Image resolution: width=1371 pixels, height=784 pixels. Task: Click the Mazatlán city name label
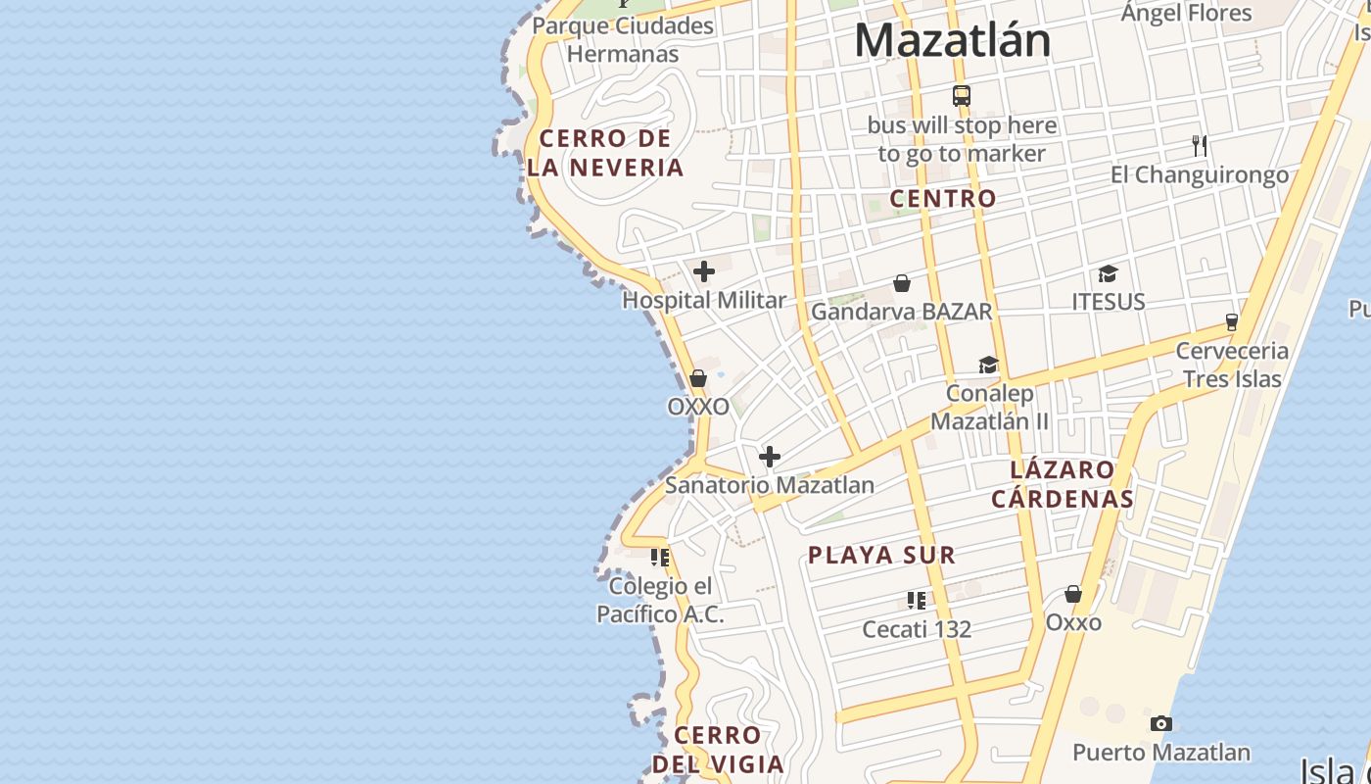953,41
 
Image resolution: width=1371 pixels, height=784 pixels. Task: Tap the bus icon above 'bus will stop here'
962,96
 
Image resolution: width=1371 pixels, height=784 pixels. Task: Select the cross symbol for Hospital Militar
704,271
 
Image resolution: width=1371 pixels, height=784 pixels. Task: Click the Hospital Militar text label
704,301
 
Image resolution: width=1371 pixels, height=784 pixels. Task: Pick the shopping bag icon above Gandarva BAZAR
902,283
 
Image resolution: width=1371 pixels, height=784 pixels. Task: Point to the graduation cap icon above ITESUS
1108,273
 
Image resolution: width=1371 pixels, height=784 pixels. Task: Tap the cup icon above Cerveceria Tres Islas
1232,321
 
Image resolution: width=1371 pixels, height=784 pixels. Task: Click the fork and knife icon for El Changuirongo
1200,146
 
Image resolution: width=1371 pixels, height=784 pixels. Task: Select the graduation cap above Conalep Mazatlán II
989,366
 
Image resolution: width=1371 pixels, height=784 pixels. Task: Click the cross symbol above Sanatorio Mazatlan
770,456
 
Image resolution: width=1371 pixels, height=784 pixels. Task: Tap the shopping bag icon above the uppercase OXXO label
698,378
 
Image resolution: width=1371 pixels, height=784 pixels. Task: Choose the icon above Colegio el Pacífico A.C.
660,558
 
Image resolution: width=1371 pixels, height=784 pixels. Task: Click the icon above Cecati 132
917,600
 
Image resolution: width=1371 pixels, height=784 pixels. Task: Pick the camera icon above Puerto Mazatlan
1161,724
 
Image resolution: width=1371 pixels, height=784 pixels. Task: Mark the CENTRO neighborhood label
943,198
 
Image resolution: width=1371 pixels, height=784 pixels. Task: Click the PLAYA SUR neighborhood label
881,556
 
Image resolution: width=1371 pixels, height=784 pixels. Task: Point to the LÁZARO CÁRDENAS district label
1063,484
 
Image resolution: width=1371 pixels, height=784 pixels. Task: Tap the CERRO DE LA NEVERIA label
605,153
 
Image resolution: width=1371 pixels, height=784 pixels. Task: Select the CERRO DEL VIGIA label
718,750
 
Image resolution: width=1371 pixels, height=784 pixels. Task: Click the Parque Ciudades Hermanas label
623,39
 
